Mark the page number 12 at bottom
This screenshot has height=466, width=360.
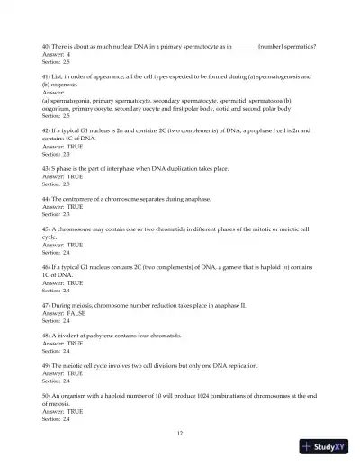click(180, 433)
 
